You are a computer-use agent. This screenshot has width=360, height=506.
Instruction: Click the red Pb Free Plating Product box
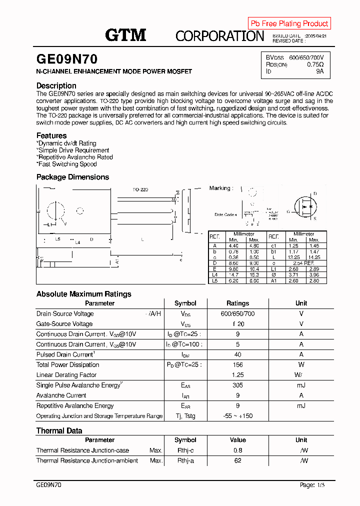coord(289,23)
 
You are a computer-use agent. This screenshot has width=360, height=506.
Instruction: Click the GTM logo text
coord(125,35)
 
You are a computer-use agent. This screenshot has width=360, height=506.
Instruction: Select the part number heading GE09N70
coord(67,59)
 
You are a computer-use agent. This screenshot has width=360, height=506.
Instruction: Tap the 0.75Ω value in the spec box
coord(315,64)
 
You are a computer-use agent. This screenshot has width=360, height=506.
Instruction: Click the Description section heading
coord(56,85)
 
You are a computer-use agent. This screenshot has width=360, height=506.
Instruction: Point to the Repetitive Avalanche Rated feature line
coord(75,157)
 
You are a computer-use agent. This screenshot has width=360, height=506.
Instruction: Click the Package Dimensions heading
coord(72,177)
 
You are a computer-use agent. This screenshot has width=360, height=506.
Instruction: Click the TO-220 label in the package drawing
coord(140,190)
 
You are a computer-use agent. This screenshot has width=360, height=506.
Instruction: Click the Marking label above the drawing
coord(220,188)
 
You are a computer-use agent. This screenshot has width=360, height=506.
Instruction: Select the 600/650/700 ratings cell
coord(237,313)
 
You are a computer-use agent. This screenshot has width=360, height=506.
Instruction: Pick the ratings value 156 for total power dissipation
coord(237,364)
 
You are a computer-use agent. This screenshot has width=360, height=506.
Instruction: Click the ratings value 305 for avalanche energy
coord(237,385)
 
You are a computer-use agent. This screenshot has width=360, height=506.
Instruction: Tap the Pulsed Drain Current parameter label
coord(65,354)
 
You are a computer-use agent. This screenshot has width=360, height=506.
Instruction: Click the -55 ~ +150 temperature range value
coord(237,416)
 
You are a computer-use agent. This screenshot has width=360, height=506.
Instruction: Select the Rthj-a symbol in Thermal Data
coord(185,460)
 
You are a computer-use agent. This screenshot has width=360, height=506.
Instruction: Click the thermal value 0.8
coord(237,450)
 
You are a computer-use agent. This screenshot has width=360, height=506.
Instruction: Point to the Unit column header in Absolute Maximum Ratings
coord(301,303)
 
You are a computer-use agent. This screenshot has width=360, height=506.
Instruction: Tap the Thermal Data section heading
coord(59,430)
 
